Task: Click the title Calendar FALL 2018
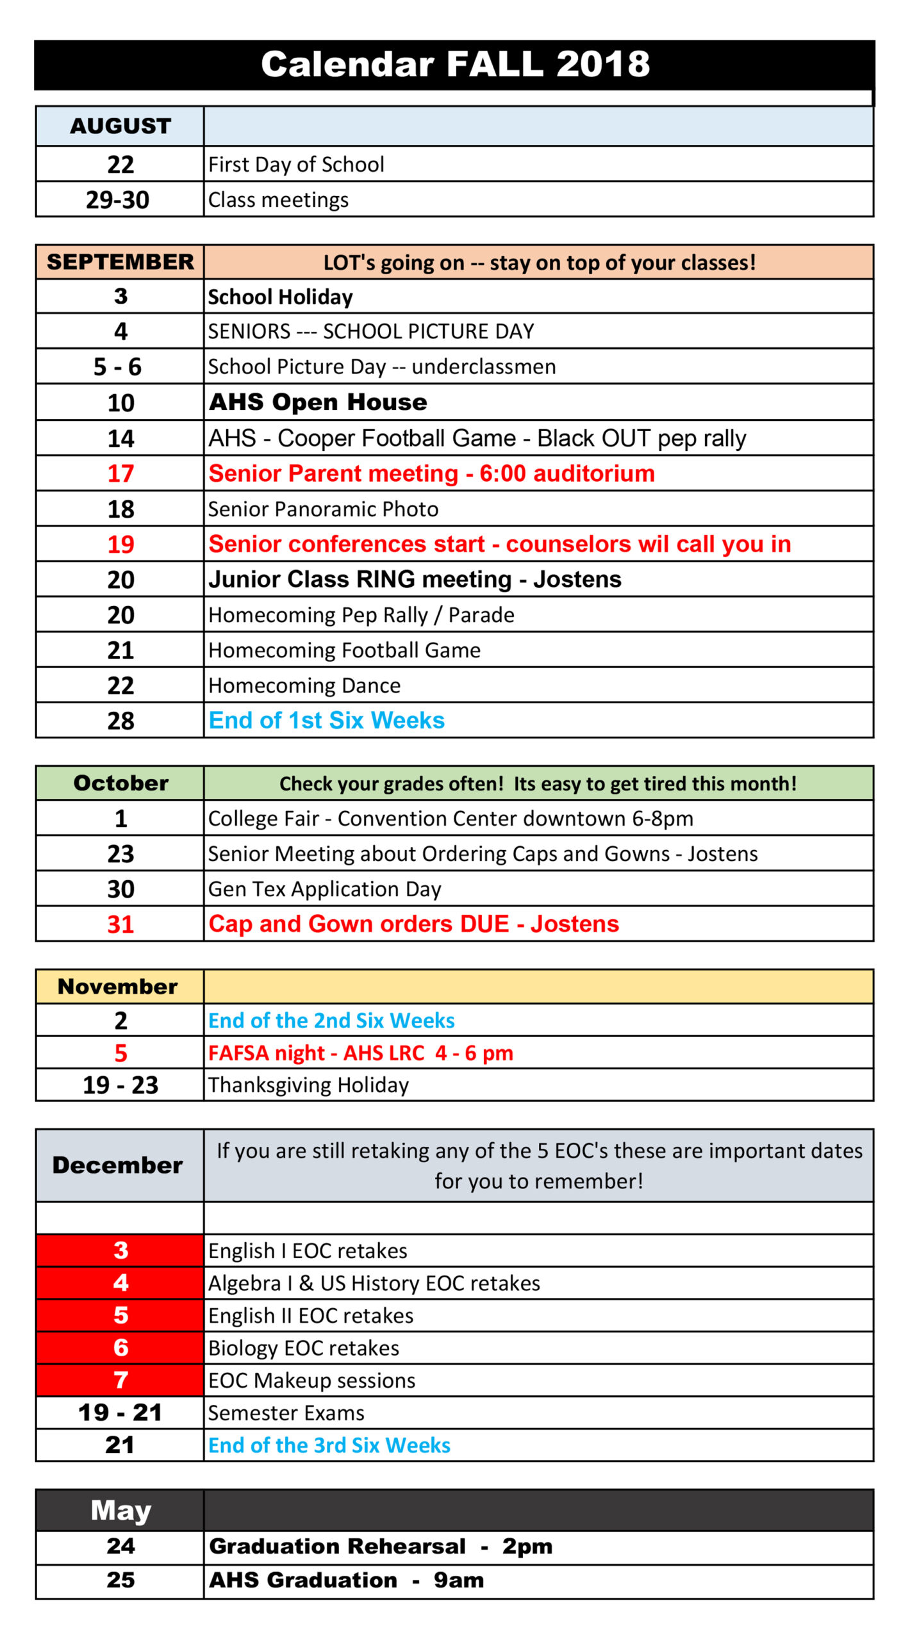pos(455,64)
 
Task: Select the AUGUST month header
pos(120,126)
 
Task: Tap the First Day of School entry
pos(296,165)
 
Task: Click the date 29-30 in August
pos(118,200)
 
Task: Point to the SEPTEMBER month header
pos(120,261)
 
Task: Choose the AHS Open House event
pos(318,402)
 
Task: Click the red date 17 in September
pos(120,473)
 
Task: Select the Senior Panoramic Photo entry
pos(323,509)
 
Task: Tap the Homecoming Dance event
pos(304,685)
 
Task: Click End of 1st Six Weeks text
pos(327,720)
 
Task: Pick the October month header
pos(120,783)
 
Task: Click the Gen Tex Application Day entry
pos(325,889)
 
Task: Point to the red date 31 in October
pos(120,924)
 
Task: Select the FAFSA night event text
pos(361,1053)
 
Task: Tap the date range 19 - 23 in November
pos(120,1085)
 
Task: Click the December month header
pos(118,1165)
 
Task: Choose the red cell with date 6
pos(120,1347)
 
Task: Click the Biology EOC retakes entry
pos(304,1348)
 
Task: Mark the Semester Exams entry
pos(286,1413)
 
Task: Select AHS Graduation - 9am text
pos(346,1580)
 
